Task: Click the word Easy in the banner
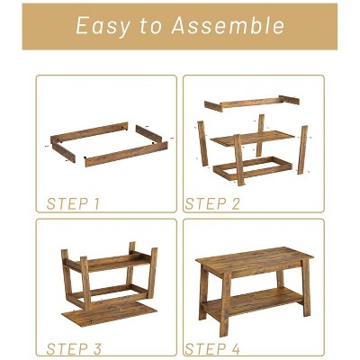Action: (x=103, y=26)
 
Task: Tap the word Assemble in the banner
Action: (x=228, y=25)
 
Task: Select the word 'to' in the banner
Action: (x=151, y=26)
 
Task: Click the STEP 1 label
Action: (x=73, y=203)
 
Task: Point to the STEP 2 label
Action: (x=212, y=203)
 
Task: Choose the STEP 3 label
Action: (x=74, y=349)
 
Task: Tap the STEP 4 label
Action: (x=212, y=349)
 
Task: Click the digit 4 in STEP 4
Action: (x=235, y=349)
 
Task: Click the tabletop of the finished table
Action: (x=255, y=258)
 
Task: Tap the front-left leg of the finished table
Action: (x=225, y=304)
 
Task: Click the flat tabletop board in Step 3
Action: (x=110, y=314)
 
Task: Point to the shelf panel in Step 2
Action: (x=253, y=139)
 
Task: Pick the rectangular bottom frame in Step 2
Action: (x=253, y=168)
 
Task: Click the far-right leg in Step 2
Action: (x=302, y=149)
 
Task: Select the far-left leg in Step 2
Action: (x=202, y=143)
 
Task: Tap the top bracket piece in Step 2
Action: (x=252, y=103)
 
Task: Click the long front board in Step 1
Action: (x=126, y=154)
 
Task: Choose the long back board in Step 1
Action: (x=89, y=132)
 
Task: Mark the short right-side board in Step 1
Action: (x=148, y=134)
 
